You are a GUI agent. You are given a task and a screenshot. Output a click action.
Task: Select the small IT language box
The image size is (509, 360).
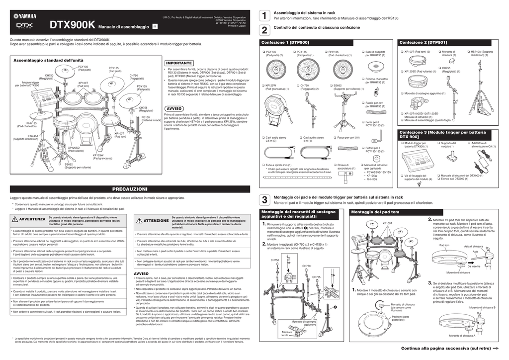click(x=155, y=26)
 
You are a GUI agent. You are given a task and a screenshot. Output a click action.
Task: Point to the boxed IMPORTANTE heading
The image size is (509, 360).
click(x=179, y=63)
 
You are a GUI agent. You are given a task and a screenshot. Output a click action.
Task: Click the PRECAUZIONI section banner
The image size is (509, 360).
click(x=130, y=189)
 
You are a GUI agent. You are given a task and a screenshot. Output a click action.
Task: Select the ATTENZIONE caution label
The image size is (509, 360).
click(x=156, y=220)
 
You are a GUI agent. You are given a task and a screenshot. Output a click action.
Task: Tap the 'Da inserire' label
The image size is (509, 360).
click(x=474, y=267)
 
